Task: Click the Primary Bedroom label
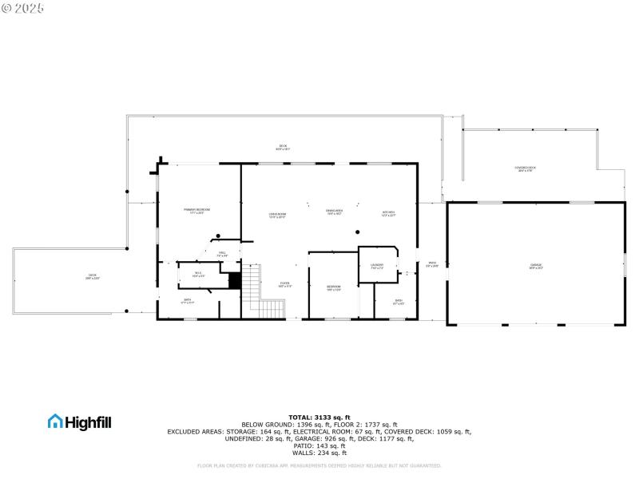pyautogui.click(x=196, y=211)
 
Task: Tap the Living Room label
pyautogui.click(x=277, y=214)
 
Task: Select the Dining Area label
pyautogui.click(x=334, y=212)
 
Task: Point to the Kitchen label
pyautogui.click(x=388, y=213)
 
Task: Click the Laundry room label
pyautogui.click(x=377, y=266)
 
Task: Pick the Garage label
pyautogui.click(x=535, y=266)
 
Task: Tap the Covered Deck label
pyautogui.click(x=526, y=168)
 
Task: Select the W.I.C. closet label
pyautogui.click(x=199, y=275)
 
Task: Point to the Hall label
pyautogui.click(x=222, y=254)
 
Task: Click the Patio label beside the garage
pyautogui.click(x=431, y=264)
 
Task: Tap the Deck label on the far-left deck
pyautogui.click(x=92, y=276)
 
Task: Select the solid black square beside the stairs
pyautogui.click(x=235, y=281)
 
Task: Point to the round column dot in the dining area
pyautogui.click(x=357, y=232)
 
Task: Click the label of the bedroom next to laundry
pyautogui.click(x=333, y=287)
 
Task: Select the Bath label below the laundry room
pyautogui.click(x=399, y=301)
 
